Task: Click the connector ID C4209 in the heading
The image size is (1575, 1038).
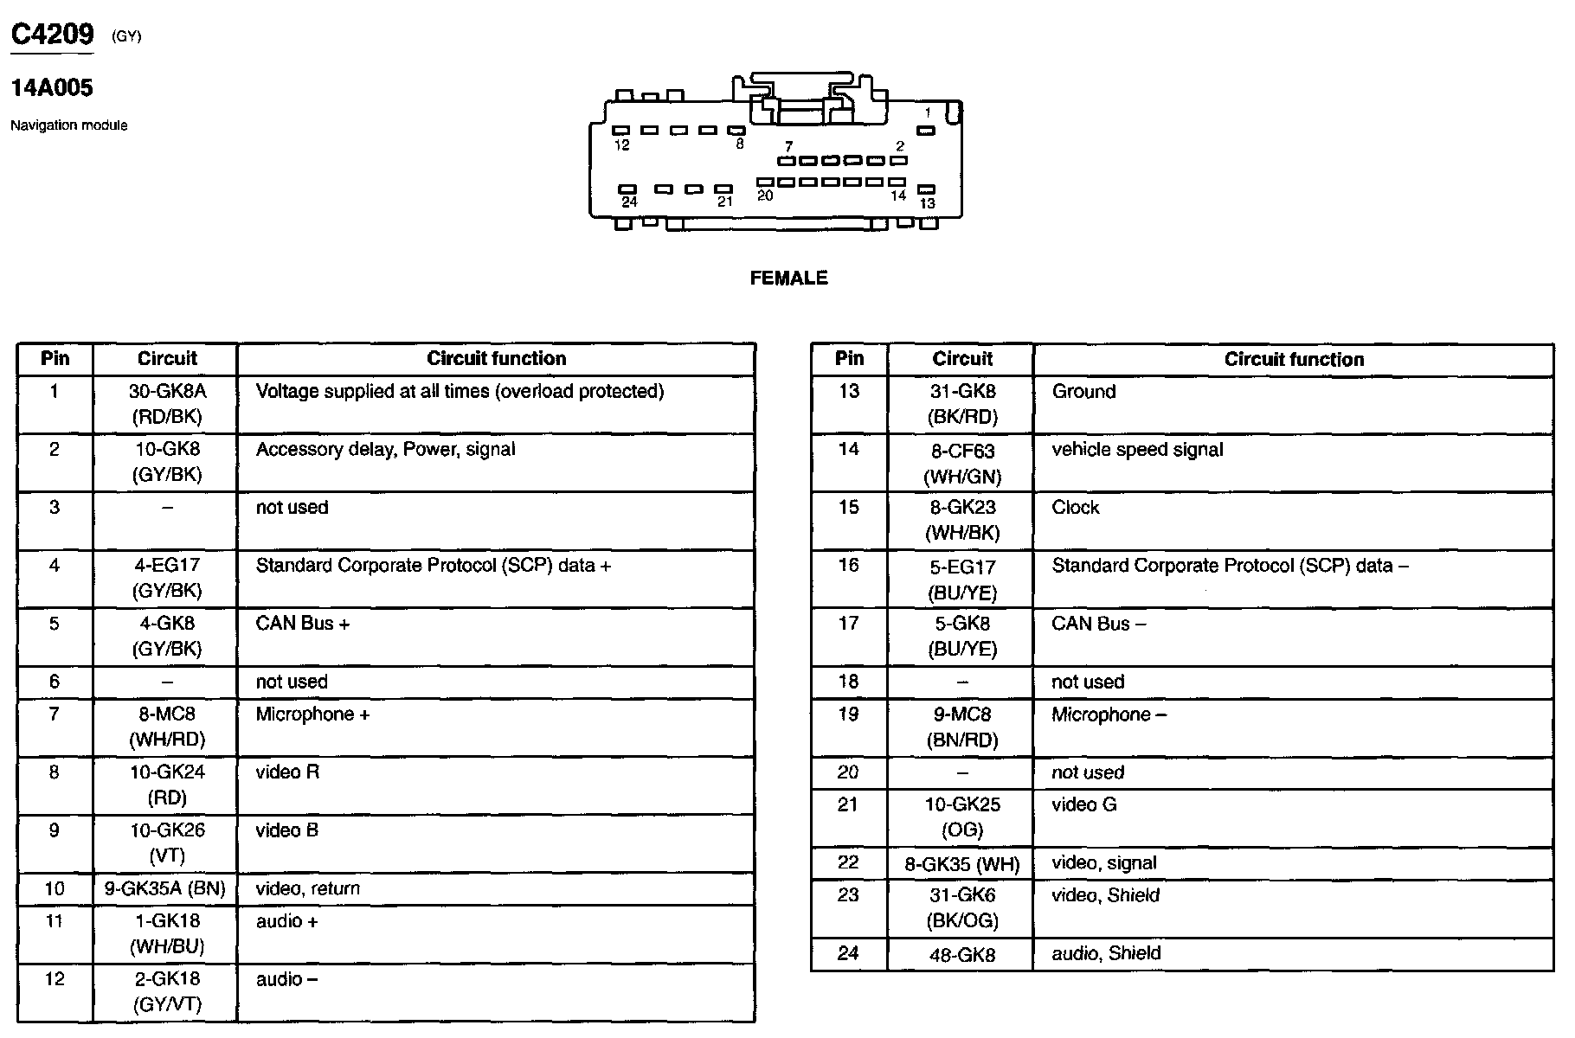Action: point(52,35)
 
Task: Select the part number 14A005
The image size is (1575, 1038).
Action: point(52,88)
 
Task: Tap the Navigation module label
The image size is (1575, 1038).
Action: point(68,125)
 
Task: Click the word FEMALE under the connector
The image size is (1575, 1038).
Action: point(788,279)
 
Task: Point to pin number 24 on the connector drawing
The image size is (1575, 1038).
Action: point(629,202)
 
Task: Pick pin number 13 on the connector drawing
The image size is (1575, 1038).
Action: point(927,203)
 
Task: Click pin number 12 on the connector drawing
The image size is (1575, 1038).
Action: point(621,145)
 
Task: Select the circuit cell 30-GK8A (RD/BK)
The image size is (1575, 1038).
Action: point(167,404)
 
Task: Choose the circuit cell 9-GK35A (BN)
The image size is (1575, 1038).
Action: point(165,888)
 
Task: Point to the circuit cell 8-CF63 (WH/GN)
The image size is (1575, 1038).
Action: point(962,464)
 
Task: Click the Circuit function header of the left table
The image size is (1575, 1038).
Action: point(496,359)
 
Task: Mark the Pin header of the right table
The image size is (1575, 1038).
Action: point(849,359)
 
